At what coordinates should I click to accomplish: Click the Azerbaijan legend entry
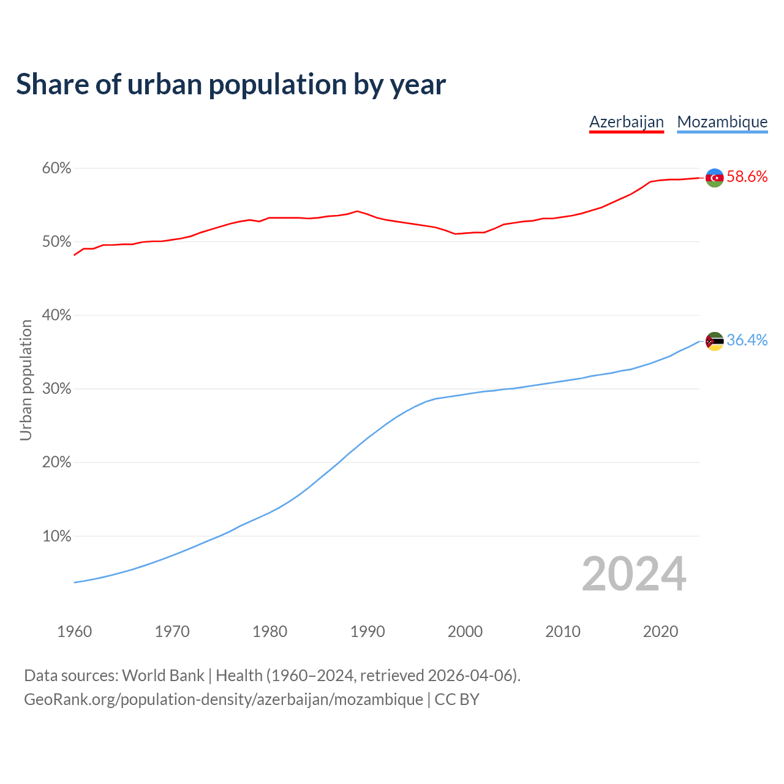click(626, 122)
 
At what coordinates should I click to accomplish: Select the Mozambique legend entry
click(722, 122)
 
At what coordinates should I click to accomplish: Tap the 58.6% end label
click(747, 177)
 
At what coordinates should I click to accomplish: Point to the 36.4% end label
click(747, 341)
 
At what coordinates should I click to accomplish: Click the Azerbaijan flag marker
click(714, 178)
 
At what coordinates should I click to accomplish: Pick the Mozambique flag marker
click(714, 341)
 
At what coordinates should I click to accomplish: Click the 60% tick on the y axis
click(56, 168)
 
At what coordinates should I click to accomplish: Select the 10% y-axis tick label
click(56, 537)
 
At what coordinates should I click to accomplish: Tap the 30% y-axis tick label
click(56, 389)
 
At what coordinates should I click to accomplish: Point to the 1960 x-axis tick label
click(74, 631)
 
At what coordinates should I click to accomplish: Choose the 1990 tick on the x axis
click(367, 631)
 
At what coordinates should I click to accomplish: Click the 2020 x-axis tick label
click(660, 631)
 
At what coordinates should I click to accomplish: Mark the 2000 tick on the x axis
click(465, 631)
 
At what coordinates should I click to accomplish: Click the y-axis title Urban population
click(26, 380)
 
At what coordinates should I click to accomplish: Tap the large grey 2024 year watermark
click(634, 574)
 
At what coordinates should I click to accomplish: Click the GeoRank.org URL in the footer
click(224, 699)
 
